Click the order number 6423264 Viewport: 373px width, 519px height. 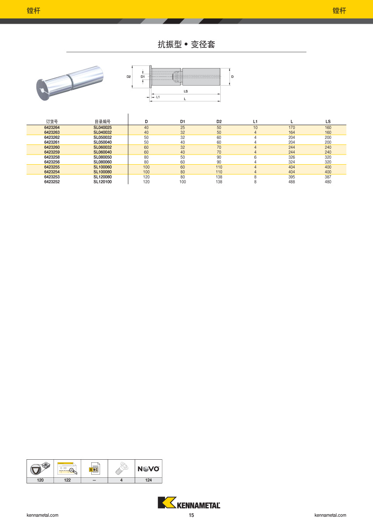click(x=52, y=127)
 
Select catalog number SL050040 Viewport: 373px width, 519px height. click(x=103, y=142)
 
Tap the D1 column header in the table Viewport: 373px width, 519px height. click(x=183, y=122)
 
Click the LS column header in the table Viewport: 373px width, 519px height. click(x=328, y=122)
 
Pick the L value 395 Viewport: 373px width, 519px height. click(x=292, y=177)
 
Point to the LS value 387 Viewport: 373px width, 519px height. click(x=328, y=177)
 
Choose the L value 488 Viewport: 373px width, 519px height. click(x=292, y=182)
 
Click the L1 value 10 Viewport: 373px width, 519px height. click(x=255, y=127)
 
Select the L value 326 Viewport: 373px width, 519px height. click(x=292, y=157)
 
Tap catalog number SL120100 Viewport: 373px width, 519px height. click(x=103, y=182)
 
